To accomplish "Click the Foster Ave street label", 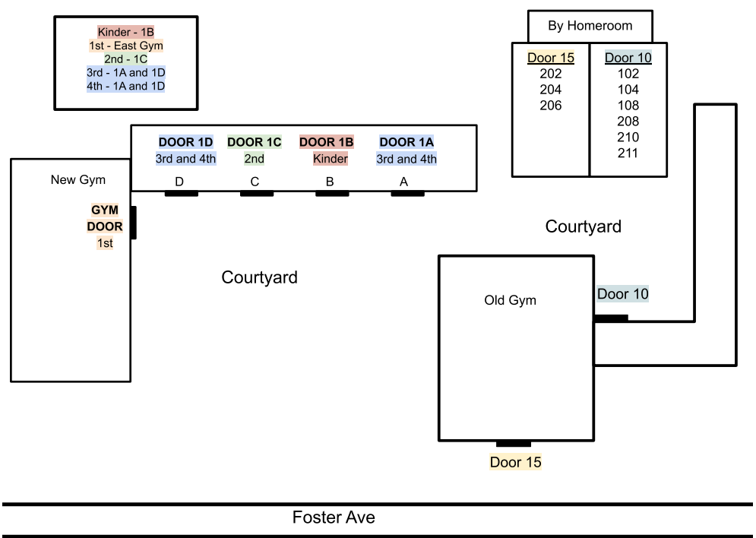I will pos(334,518).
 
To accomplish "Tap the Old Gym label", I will pos(510,300).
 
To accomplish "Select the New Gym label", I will pos(78,180).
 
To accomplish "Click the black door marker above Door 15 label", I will pos(513,444).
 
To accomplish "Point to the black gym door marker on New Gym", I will pos(133,223).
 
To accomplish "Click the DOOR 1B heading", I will pos(326,142).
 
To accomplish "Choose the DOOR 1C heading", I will pos(255,142).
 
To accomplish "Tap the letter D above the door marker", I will pos(179,182).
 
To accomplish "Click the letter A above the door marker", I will pos(403,182).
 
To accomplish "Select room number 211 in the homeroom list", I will pos(628,153).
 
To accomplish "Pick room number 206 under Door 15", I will pos(551,106).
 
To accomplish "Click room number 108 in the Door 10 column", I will pos(628,106).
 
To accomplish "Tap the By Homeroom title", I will pos(590,26).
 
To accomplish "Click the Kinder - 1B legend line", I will pos(126,32).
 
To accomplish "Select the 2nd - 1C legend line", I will pos(126,59).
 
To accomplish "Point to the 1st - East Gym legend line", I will pos(126,46).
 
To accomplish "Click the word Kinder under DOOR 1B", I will pos(330,159).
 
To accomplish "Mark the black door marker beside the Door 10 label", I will pos(611,318).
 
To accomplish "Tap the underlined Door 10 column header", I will pos(628,58).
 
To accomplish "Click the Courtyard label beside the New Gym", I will pos(259,277).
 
